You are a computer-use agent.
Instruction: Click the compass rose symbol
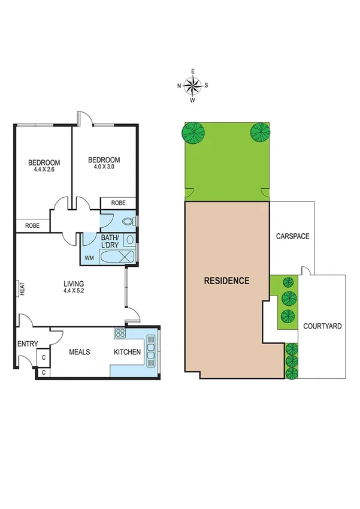click(x=192, y=86)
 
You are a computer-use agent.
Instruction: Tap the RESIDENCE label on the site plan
click(x=226, y=280)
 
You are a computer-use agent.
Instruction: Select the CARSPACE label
click(x=292, y=236)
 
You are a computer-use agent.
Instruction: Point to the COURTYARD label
click(x=322, y=326)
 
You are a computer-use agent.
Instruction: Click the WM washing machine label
click(x=89, y=258)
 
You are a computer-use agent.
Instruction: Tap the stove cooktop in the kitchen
click(x=120, y=333)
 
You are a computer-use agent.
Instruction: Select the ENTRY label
click(x=28, y=344)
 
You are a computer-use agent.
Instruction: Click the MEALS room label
click(x=79, y=352)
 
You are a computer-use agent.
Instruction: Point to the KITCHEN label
click(x=128, y=352)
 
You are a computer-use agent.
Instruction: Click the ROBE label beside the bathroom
click(x=119, y=203)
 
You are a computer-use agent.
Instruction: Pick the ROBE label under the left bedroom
click(x=33, y=225)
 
